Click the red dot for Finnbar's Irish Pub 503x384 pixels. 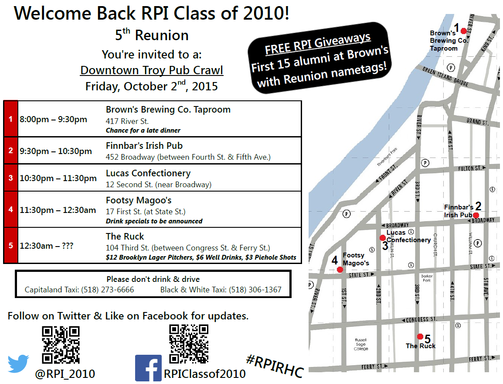(x=476, y=215)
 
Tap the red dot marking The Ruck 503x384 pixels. (x=420, y=336)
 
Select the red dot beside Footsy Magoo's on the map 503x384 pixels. (x=340, y=270)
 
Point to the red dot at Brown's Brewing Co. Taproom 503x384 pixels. (x=463, y=31)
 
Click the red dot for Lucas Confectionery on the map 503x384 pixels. (x=382, y=238)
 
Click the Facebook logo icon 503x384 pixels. (x=148, y=368)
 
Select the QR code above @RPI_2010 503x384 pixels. (x=61, y=345)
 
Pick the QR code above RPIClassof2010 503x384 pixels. (x=188, y=344)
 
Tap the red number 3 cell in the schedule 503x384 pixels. (x=10, y=178)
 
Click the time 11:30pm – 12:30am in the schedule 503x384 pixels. (x=58, y=210)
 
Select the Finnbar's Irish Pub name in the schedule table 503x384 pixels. (x=144, y=146)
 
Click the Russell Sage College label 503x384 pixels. (x=361, y=344)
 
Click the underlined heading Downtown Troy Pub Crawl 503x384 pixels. (x=152, y=70)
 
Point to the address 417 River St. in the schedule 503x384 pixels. (x=127, y=121)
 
